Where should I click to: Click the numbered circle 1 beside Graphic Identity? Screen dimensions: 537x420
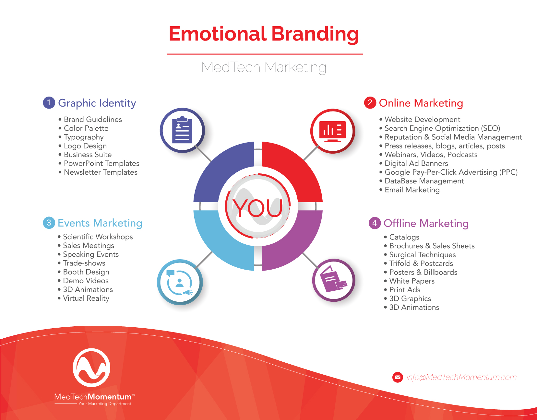pyautogui.click(x=49, y=103)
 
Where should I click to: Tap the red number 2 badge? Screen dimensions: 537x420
pyautogui.click(x=370, y=103)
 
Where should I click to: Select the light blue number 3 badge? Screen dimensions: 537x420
pyautogui.click(x=49, y=223)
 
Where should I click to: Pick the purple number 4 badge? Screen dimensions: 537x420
pyautogui.click(x=375, y=223)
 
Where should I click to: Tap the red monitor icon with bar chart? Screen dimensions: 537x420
pyautogui.click(x=332, y=131)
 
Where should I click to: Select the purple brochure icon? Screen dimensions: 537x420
pyautogui.click(x=333, y=279)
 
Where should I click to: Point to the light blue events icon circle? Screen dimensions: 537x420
pyautogui.click(x=180, y=282)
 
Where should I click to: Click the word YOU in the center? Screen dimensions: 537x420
pyautogui.click(x=257, y=208)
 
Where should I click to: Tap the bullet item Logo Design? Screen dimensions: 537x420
pyautogui.click(x=85, y=146)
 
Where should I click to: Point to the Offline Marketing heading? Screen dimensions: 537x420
pyautogui.click(x=426, y=223)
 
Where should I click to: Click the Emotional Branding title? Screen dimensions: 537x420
pyautogui.click(x=264, y=34)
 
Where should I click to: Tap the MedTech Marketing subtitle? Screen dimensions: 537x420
pyautogui.click(x=264, y=67)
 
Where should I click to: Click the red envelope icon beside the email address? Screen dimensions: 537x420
pyautogui.click(x=398, y=377)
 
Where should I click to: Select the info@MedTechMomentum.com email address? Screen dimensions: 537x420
pyautogui.click(x=462, y=377)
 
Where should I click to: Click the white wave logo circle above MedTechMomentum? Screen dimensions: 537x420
pyautogui.click(x=91, y=367)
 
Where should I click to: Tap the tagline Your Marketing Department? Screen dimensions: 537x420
pyautogui.click(x=105, y=404)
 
